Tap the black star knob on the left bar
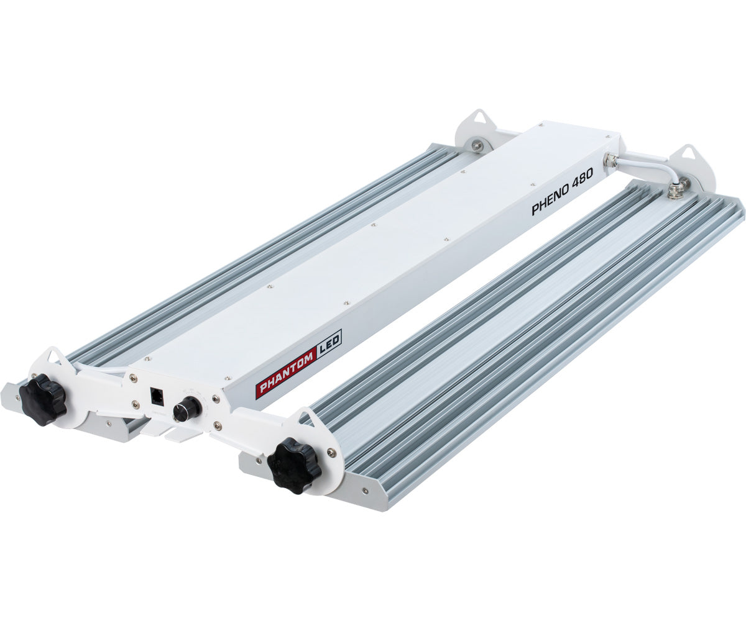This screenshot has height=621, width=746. click(x=42, y=399)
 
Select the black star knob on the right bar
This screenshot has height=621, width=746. click(x=293, y=465)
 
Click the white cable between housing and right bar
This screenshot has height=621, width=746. click(x=647, y=166)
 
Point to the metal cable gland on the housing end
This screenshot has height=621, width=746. click(x=612, y=160)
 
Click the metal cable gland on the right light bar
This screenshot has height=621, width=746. click(x=675, y=186)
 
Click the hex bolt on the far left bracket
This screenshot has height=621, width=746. click(x=477, y=145)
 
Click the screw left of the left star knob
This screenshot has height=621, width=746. click(x=17, y=391)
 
